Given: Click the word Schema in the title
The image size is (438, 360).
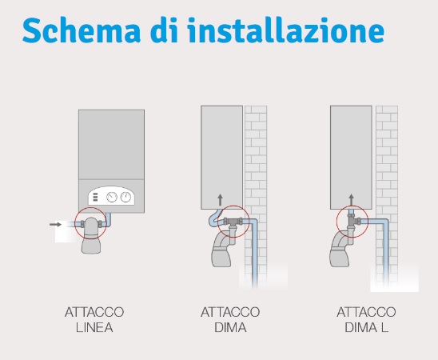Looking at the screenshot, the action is [x=82, y=30].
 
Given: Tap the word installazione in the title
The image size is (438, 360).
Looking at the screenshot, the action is [x=285, y=30].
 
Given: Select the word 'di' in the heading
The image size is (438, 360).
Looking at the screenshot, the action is [x=164, y=30].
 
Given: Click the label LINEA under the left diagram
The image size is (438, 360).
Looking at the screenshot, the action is [x=94, y=327].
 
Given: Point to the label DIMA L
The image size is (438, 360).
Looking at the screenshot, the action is [x=367, y=327].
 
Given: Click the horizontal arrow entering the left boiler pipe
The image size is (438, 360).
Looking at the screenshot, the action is [x=55, y=225].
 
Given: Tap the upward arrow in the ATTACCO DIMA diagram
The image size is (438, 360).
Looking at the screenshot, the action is [x=220, y=200].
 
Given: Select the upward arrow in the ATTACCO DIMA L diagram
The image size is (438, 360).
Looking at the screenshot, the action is [x=351, y=200].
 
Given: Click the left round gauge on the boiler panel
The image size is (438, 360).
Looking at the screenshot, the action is [x=112, y=198].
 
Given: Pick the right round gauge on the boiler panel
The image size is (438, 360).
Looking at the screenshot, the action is [x=125, y=198].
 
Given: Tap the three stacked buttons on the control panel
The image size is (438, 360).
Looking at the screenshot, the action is [x=95, y=197].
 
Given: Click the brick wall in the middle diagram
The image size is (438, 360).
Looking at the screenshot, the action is [x=256, y=168].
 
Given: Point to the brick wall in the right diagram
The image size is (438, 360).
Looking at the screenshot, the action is [x=387, y=168].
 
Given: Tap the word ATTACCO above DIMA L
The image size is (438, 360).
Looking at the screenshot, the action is [x=367, y=312].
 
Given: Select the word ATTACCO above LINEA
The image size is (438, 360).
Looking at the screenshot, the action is [x=94, y=312].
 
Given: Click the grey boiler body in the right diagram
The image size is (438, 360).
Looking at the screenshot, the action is [x=351, y=158].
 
